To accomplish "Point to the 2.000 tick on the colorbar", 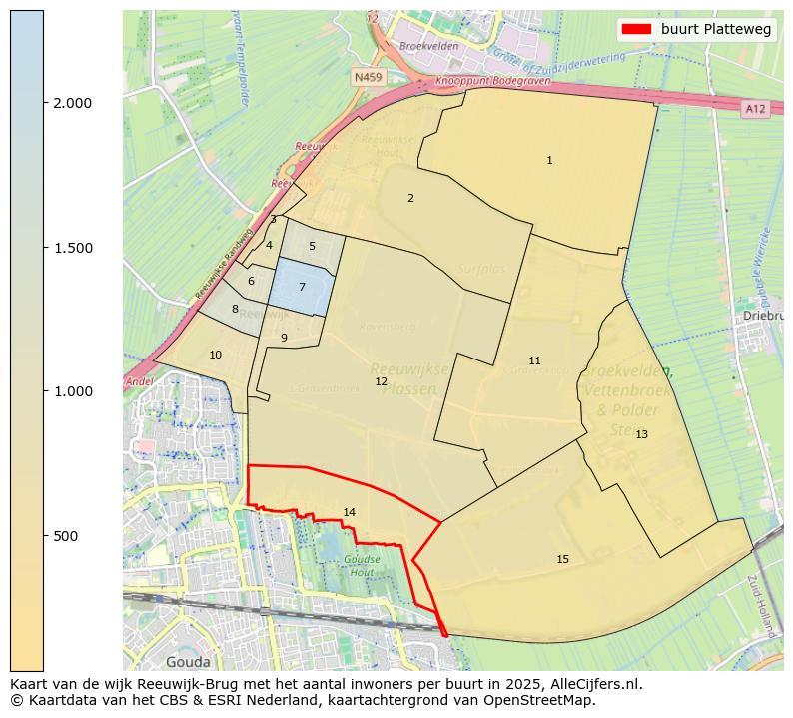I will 44,103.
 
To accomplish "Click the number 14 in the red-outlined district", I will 349,512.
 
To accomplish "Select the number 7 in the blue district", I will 302,287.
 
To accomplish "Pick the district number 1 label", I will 549,160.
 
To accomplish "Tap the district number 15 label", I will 562,559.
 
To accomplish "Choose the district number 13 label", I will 641,434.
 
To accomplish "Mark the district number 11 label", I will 534,360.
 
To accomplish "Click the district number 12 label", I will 381,381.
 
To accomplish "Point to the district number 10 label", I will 215,355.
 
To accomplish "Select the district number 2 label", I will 410,198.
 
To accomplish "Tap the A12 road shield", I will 755,108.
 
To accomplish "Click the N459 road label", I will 368,76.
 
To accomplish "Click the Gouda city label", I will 188,661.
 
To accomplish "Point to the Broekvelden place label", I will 427,47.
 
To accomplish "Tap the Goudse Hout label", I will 362,566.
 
